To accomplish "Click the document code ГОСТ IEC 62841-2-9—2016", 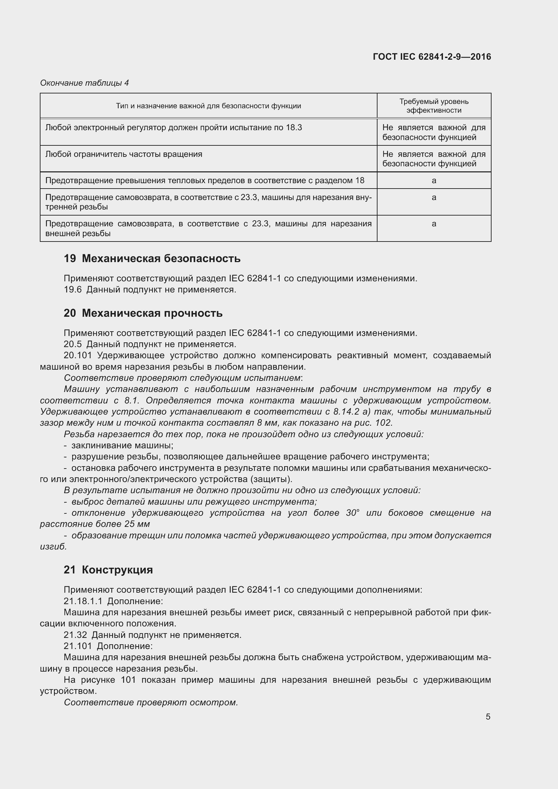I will click(431, 57).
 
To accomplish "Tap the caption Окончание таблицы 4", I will click(85, 83).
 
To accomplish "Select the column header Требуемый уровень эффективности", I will click(434, 106).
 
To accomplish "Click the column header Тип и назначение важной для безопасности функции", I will click(208, 106).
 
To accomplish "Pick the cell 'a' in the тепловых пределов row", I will click(434, 180).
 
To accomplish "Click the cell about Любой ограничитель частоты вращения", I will click(124, 154).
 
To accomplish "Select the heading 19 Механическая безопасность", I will click(152, 258).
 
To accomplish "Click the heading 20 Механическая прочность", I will click(143, 313).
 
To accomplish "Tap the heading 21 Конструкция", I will click(108, 570).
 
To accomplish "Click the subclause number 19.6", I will click(73, 290).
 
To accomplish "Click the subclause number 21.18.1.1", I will click(83, 601).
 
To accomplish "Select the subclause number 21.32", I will click(75, 635).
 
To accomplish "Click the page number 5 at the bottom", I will click(488, 716).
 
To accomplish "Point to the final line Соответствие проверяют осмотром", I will click(151, 702).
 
